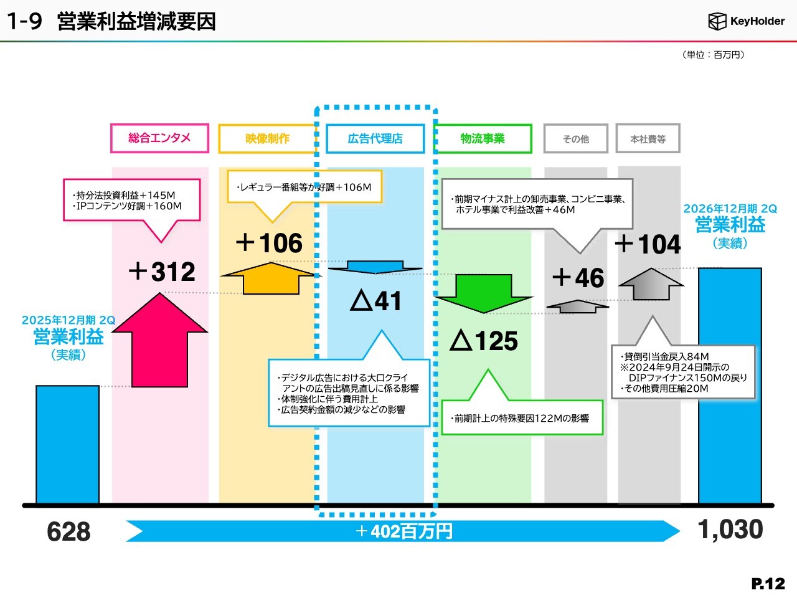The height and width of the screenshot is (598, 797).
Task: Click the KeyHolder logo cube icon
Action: click(717, 21)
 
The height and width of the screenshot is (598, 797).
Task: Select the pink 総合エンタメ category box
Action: click(160, 138)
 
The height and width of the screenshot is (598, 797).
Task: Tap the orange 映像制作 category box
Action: click(268, 138)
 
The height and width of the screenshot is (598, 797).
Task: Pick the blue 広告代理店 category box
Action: click(375, 138)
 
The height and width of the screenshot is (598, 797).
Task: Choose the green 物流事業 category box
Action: click(483, 138)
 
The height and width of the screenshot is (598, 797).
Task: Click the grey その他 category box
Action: click(575, 138)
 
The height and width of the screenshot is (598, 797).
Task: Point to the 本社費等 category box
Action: click(648, 138)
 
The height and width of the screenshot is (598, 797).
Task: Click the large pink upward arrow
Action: click(160, 340)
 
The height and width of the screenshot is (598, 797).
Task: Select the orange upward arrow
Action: click(270, 278)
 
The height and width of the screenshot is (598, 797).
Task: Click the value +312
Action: click(162, 271)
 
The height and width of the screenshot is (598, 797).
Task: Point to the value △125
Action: click(483, 340)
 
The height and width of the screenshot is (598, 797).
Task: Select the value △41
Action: click(375, 301)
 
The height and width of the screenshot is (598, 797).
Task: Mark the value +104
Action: click(648, 244)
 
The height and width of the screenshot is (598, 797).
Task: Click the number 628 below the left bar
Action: click(68, 531)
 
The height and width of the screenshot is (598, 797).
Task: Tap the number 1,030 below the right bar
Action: click(730, 529)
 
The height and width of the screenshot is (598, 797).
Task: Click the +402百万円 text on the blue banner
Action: click(403, 531)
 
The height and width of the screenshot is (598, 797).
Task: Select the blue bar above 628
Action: click(67, 444)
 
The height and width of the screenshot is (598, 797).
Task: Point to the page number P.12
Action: click(768, 584)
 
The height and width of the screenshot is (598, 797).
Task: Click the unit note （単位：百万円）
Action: click(714, 55)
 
